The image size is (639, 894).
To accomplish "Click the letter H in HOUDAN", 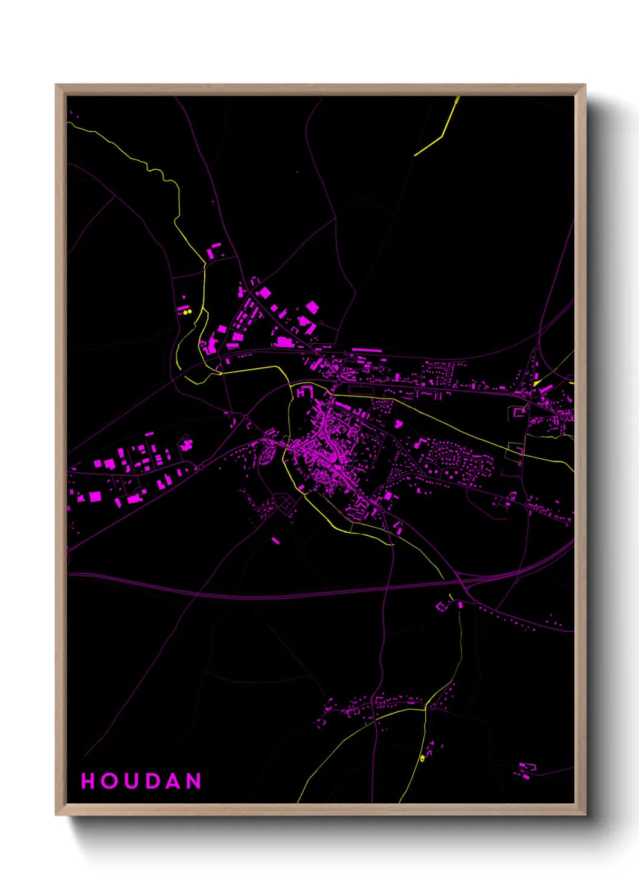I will click(88, 781).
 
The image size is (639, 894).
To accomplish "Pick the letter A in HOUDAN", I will click(173, 781).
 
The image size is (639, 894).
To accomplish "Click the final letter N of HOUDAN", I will click(194, 781).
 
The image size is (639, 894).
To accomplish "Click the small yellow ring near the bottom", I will click(422, 758).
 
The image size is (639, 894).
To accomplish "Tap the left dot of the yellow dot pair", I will click(185, 312).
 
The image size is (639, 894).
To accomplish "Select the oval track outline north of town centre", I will click(358, 390).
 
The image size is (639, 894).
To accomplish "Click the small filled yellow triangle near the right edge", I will click(536, 383).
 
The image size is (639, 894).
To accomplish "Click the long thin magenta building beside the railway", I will click(367, 350).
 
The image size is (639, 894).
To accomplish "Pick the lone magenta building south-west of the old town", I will click(275, 540).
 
